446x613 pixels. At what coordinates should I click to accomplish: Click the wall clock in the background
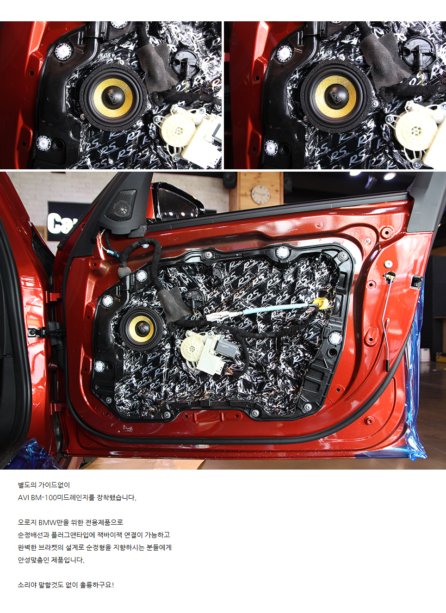tap(260, 195)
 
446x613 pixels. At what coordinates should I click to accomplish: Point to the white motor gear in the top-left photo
tap(178, 129)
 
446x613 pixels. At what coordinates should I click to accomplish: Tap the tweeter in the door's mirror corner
tap(121, 205)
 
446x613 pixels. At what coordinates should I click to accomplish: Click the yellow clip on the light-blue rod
tap(321, 303)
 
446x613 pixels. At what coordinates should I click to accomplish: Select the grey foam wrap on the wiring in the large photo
tap(173, 304)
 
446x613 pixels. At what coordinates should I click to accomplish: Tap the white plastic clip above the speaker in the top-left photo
tap(63, 51)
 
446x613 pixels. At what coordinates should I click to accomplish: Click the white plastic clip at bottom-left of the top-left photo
tap(43, 142)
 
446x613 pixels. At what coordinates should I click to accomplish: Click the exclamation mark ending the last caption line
tap(113, 585)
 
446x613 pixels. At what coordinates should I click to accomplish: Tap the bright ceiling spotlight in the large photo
tap(390, 176)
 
